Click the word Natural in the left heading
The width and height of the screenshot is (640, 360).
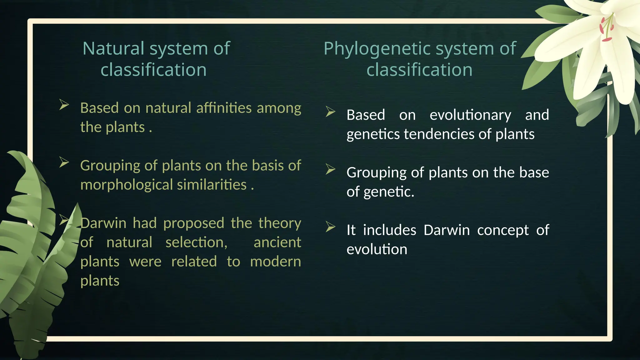(113, 49)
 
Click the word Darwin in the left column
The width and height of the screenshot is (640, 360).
(103, 223)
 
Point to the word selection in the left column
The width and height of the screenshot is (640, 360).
(196, 242)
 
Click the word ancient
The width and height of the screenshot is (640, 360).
(277, 242)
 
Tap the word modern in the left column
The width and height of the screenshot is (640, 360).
(275, 262)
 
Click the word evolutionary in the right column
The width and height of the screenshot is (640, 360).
(470, 115)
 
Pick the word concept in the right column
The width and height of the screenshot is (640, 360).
(503, 230)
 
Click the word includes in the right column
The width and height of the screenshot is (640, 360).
(389, 230)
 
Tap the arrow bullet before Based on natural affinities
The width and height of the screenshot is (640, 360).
(64, 105)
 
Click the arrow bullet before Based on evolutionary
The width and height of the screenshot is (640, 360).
(330, 112)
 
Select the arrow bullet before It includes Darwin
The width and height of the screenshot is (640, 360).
(330, 227)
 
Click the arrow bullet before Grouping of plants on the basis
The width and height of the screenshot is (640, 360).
(64, 162)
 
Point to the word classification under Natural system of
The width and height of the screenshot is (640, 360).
(153, 70)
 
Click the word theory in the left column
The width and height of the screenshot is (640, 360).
(280, 223)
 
